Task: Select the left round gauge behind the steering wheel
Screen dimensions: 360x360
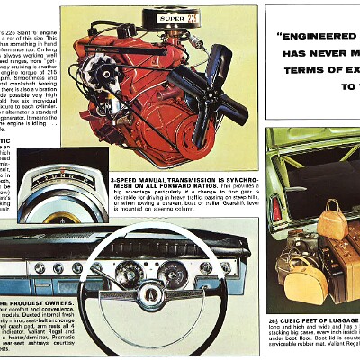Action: click(x=129, y=274)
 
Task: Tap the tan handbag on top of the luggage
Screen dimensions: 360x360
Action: click(x=330, y=218)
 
